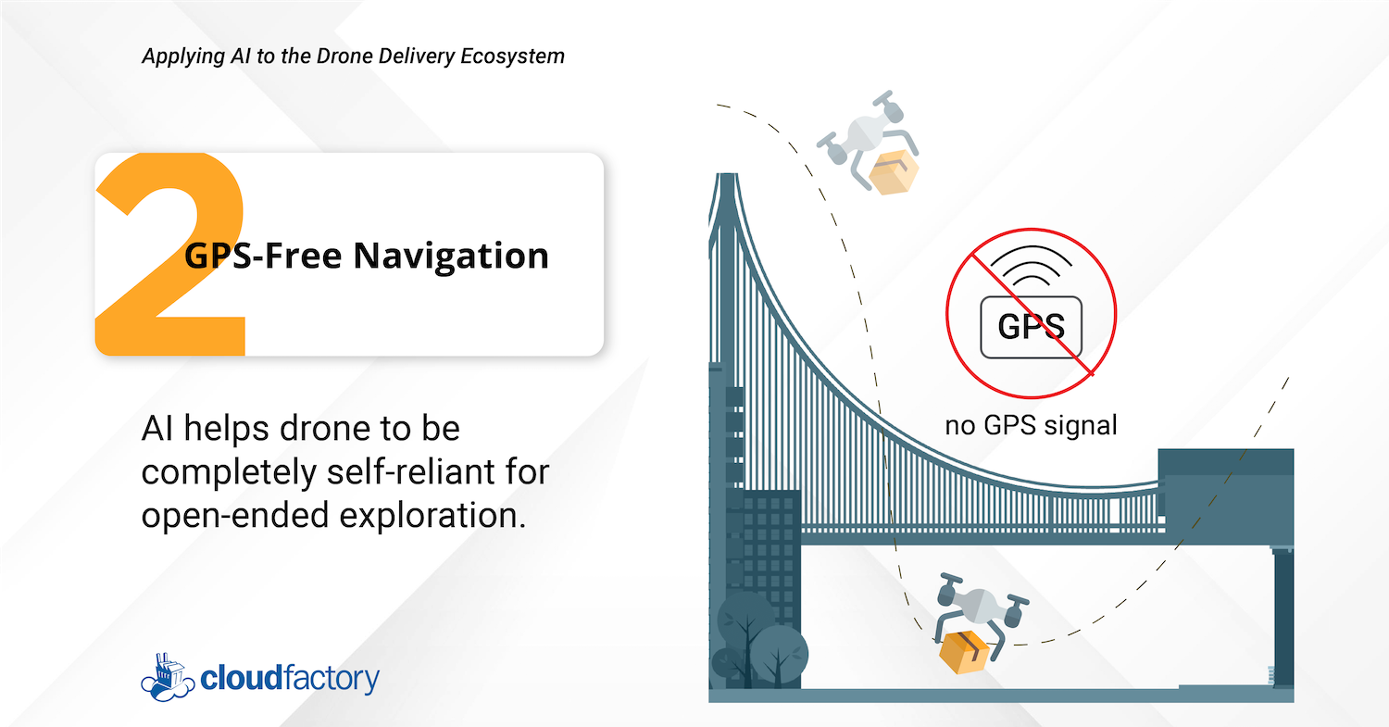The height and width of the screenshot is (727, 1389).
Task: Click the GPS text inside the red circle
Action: [x=1030, y=327]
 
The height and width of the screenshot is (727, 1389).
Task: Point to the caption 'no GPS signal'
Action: [x=1031, y=425]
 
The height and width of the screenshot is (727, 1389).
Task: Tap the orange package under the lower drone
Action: [x=964, y=651]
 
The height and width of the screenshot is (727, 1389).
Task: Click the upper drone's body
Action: [x=866, y=134]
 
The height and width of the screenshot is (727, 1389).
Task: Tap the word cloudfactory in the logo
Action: [x=291, y=679]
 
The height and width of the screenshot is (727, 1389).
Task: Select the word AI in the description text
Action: [x=156, y=430]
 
